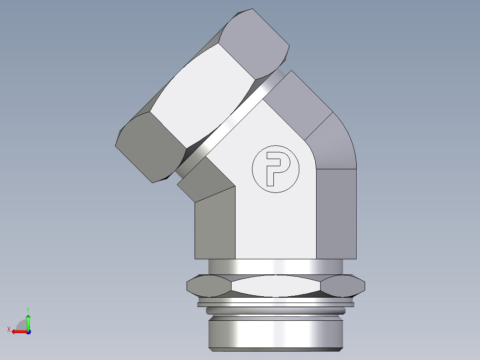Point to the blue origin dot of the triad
[28, 332]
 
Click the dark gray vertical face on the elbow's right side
[336, 214]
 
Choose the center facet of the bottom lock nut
[276, 286]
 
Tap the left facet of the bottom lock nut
[208, 286]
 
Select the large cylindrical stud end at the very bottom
[276, 332]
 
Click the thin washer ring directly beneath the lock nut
[276, 305]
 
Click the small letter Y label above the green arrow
[28, 309]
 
